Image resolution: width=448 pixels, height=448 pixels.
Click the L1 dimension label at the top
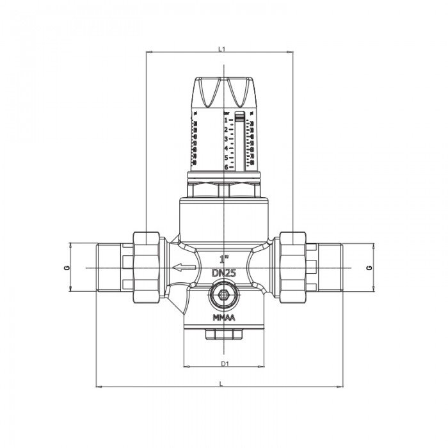[221, 47]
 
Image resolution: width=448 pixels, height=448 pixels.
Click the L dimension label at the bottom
[221, 383]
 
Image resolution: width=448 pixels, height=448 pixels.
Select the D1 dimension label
[224, 364]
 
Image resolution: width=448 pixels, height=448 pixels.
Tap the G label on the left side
[67, 267]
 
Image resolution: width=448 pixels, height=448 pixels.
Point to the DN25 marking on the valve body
[224, 272]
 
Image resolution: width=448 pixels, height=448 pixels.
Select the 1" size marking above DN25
[224, 260]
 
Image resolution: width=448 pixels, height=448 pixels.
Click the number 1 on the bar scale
[226, 120]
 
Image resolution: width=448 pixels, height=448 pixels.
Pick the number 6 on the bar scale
[226, 166]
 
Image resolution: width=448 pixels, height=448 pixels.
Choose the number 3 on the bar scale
[226, 138]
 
